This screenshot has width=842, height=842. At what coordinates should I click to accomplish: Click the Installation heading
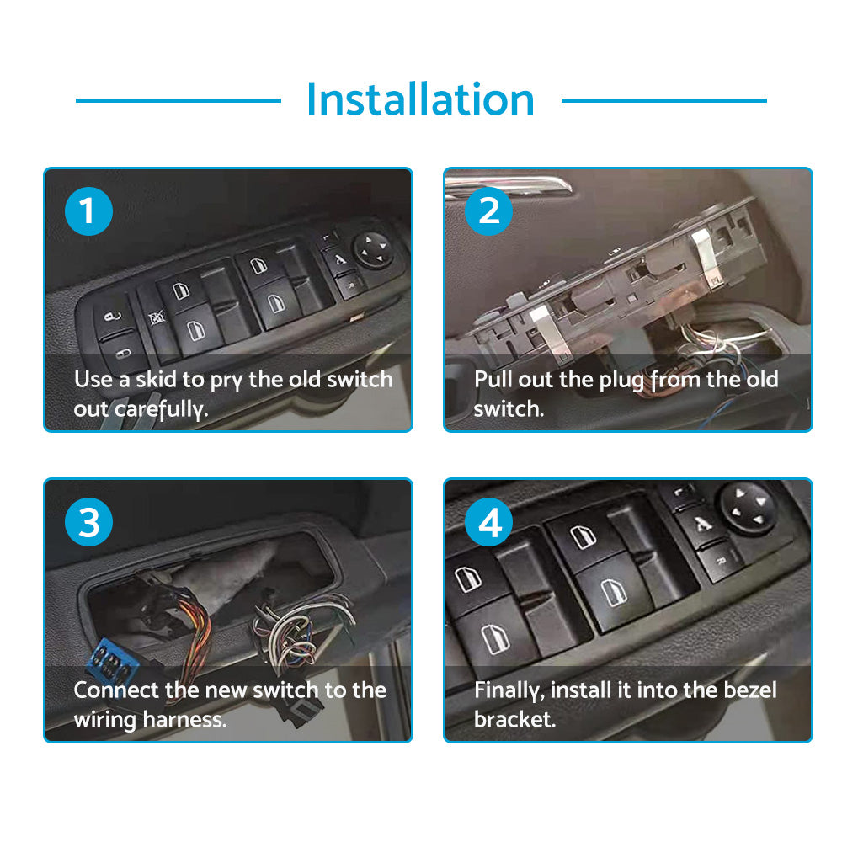(420, 99)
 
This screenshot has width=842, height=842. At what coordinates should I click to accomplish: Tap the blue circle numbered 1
(88, 211)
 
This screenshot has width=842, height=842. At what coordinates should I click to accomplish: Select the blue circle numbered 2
(488, 211)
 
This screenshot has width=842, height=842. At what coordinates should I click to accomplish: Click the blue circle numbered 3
(88, 522)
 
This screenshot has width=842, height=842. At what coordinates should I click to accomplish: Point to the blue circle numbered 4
(488, 522)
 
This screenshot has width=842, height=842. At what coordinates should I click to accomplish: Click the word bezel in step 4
(750, 690)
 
